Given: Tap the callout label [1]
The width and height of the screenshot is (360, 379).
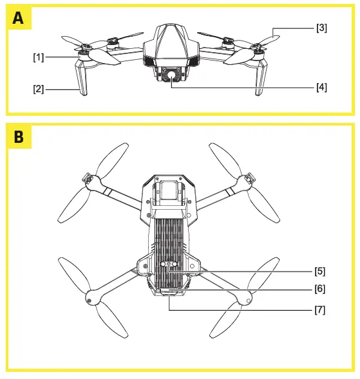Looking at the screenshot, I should point(39,57).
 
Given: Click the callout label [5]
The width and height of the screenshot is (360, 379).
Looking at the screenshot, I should point(319,271).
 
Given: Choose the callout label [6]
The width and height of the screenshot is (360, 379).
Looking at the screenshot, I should point(319,290).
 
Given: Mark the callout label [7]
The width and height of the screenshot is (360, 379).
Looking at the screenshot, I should point(319,310).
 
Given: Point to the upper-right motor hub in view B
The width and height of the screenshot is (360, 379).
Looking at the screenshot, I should point(245,181).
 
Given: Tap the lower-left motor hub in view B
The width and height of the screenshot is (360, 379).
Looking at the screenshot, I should point(90,297).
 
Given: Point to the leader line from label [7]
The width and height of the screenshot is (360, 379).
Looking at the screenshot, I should point(245,310).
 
